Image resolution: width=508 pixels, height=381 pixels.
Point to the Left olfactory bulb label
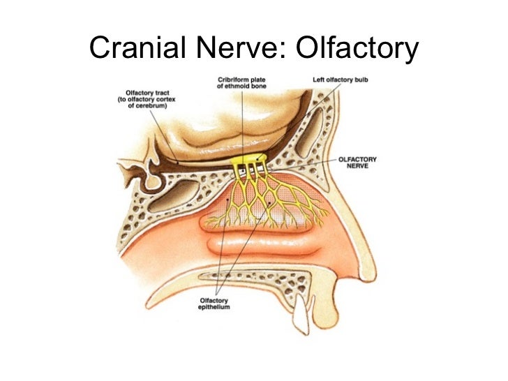point(340,80)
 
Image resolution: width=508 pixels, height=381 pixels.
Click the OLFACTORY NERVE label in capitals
point(357,163)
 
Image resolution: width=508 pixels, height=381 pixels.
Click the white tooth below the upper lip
point(301,315)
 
